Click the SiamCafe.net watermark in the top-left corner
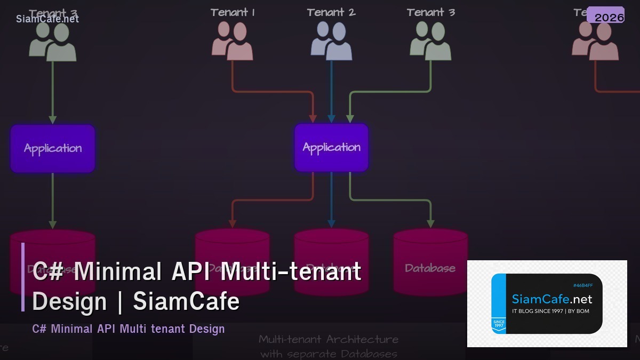(47, 19)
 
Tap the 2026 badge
(609, 18)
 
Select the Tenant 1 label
(233, 12)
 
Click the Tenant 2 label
(331, 12)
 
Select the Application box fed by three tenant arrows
(331, 148)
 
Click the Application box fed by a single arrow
(52, 148)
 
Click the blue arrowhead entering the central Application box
(331, 118)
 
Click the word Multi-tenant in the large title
(291, 271)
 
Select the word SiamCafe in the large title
(186, 302)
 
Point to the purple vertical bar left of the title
(23, 277)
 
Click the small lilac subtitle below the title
(129, 329)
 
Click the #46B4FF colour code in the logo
(582, 286)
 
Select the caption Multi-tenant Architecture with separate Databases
(329, 346)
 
